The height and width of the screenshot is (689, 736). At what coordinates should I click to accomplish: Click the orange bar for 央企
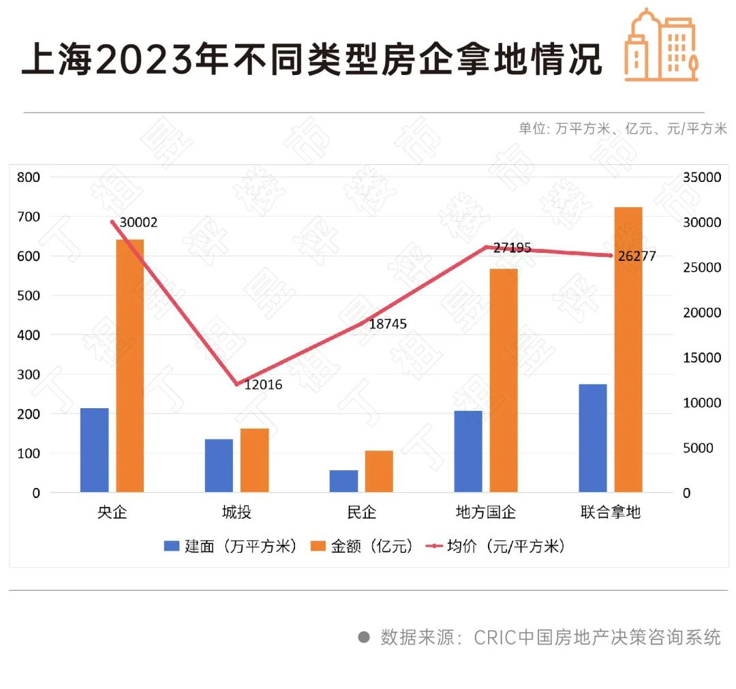point(129,365)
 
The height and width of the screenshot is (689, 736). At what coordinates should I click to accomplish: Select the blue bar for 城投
point(219,465)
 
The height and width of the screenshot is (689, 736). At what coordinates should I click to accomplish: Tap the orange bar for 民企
point(379,471)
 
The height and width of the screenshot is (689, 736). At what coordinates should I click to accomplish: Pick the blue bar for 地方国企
point(468,451)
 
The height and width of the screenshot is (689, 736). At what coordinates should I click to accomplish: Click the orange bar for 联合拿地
point(628,349)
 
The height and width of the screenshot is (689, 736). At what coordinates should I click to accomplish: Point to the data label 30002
point(138,223)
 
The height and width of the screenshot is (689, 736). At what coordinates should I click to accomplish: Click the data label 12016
point(263,385)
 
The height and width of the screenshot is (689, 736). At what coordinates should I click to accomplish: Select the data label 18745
point(388,324)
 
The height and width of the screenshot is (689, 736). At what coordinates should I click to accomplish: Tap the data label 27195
point(512,249)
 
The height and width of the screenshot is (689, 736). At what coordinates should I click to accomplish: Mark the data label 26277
point(637,257)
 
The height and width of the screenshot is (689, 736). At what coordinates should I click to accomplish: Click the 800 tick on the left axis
point(29,177)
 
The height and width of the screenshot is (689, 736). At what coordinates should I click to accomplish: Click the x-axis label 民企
point(361,512)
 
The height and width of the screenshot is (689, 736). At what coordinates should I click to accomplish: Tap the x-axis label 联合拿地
point(611,512)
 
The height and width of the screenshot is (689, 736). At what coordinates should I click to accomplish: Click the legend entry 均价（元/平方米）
point(496,547)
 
